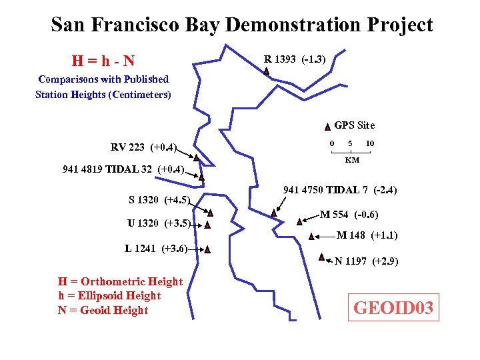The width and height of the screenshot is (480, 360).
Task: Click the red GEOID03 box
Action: (x=394, y=307)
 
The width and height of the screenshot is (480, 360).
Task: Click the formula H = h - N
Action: (x=103, y=61)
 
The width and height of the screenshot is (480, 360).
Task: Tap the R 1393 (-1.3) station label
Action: (x=295, y=60)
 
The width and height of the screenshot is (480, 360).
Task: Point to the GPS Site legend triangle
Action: (x=327, y=126)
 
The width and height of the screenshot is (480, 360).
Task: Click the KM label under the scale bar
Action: (x=351, y=160)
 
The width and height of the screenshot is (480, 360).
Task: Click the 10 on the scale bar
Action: (x=369, y=143)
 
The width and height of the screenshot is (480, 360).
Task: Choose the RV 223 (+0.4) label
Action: (x=143, y=147)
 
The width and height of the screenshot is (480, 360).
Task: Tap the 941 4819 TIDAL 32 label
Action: (x=123, y=169)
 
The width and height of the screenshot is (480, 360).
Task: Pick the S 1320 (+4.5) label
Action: (x=159, y=199)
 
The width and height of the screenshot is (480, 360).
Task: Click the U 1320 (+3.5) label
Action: (x=159, y=223)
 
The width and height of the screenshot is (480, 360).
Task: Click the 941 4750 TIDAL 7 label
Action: (x=340, y=191)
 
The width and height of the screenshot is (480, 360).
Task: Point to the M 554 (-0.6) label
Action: (x=349, y=215)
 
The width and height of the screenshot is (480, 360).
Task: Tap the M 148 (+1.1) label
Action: (x=367, y=235)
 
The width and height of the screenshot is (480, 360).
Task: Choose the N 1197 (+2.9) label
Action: (x=366, y=261)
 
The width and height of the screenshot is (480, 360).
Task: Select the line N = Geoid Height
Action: (x=103, y=310)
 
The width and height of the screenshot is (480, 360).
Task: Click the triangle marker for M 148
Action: (x=311, y=235)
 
